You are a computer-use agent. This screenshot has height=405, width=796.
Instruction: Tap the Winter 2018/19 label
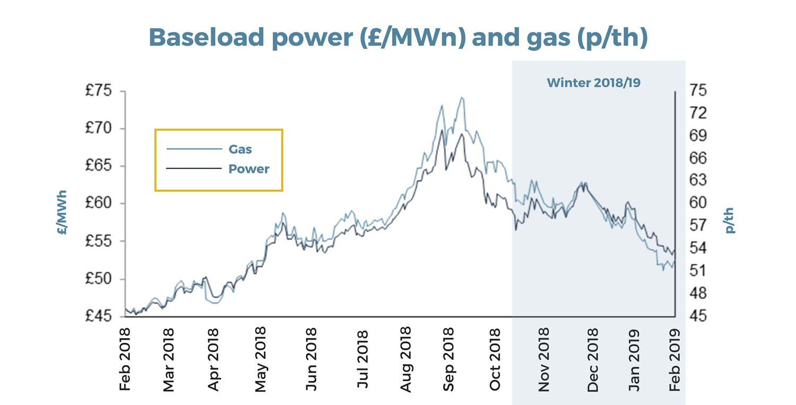[594, 83]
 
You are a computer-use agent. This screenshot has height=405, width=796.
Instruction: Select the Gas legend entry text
[240, 149]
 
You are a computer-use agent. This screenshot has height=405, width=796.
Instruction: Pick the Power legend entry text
[249, 169]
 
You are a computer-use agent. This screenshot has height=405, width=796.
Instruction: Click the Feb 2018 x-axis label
[125, 360]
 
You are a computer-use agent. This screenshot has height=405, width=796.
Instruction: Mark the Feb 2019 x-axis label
[674, 360]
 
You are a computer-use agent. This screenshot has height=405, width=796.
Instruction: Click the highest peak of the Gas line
[462, 98]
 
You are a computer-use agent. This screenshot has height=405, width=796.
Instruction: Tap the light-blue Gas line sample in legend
[194, 149]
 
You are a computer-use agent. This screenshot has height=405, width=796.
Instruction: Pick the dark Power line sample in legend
[194, 168]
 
